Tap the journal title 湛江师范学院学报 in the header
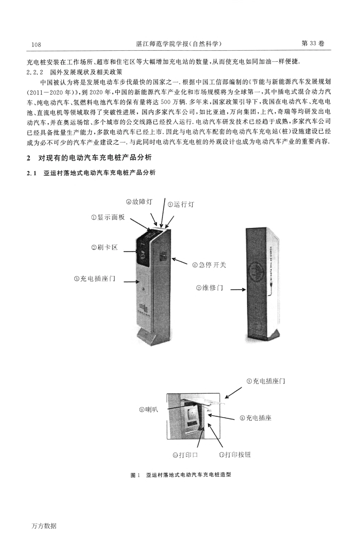pos(161,44)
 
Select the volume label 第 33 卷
pos(313,44)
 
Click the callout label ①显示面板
pos(108,218)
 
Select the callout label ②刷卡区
pos(104,247)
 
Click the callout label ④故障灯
pos(139,202)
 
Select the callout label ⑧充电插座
pos(255,418)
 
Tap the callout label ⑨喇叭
pos(149,409)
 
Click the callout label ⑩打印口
pos(185,455)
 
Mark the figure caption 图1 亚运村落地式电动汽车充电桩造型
pos(180,475)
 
